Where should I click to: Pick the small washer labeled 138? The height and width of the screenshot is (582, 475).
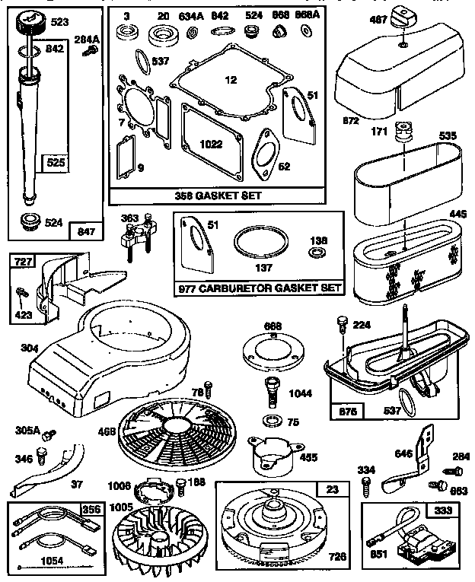click(x=318, y=252)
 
